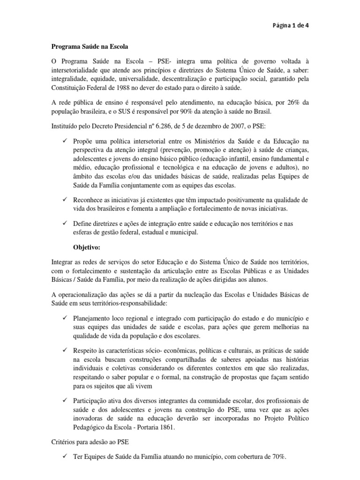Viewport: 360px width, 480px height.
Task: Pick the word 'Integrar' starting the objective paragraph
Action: pos(62,261)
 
